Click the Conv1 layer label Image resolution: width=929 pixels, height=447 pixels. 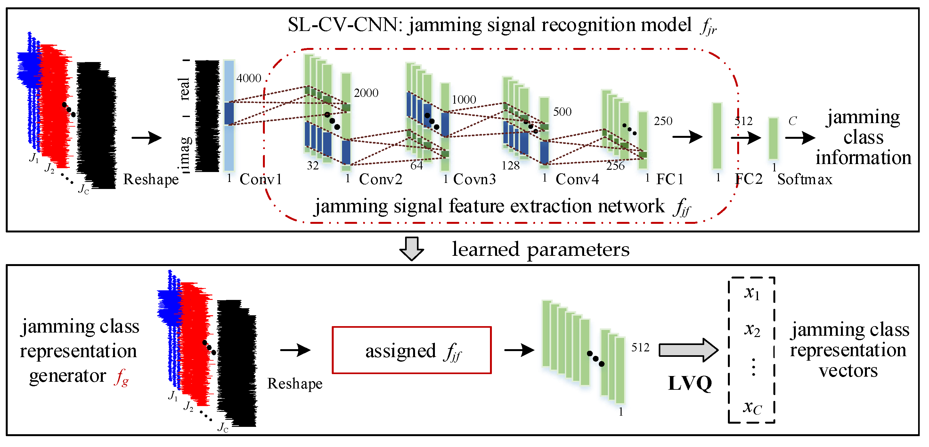pos(260,179)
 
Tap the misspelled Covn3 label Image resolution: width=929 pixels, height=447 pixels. pos(474,179)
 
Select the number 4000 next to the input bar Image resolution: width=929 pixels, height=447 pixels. pos(249,78)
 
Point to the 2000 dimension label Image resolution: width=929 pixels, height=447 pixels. pos(366,93)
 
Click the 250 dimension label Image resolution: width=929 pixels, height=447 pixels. pos(663,121)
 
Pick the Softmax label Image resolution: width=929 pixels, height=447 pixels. pos(804,179)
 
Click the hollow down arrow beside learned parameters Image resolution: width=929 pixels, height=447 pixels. pos(412,248)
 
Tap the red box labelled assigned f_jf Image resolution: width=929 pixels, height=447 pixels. pos(412,350)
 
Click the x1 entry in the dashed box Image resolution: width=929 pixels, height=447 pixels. pos(752,293)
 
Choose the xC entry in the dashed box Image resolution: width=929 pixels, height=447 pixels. pos(752,407)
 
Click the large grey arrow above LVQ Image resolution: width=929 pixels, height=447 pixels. pos(688,350)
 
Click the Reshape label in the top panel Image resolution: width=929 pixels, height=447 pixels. pos(151,179)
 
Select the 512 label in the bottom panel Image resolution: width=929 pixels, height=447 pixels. pos(640,347)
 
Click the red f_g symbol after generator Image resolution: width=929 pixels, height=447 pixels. pos(122,377)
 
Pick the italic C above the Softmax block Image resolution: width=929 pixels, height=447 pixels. pos(792,121)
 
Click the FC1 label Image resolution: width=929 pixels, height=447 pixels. pos(670,179)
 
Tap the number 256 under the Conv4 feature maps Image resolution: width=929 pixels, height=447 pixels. pos(615,166)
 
